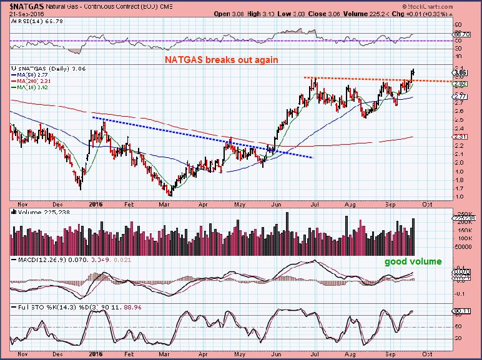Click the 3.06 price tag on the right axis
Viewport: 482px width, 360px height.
[x=461, y=72]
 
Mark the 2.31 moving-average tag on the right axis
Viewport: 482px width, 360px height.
[x=461, y=137]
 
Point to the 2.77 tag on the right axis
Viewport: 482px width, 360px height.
[x=461, y=97]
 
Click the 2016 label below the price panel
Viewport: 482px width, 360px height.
[x=96, y=203]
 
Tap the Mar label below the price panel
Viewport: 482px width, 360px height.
[x=166, y=203]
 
